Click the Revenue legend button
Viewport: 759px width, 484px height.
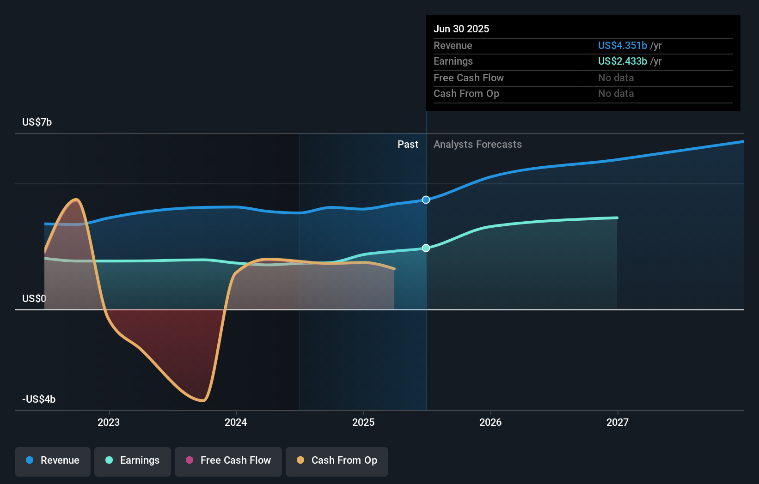click(53, 460)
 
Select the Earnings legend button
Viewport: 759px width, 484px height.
click(133, 460)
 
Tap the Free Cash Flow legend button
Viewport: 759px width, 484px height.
click(228, 460)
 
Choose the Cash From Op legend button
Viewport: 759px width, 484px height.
click(337, 460)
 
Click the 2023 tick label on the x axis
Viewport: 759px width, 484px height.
click(109, 422)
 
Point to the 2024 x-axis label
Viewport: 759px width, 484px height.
click(236, 422)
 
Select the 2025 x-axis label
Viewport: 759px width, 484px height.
click(363, 422)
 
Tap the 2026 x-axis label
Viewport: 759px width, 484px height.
click(490, 422)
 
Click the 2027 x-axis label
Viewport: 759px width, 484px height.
click(618, 422)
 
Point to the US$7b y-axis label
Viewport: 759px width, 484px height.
click(37, 122)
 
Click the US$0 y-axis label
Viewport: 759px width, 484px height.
click(34, 298)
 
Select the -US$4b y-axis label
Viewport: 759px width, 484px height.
click(39, 399)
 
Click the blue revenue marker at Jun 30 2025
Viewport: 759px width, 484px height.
click(426, 200)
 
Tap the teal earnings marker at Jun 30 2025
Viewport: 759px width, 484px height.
click(426, 248)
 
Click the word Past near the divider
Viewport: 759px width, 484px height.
click(408, 144)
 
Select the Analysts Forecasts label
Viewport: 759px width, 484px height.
click(477, 144)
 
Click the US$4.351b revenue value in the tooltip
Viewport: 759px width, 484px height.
click(622, 45)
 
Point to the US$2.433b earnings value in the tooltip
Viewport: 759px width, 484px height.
click(622, 61)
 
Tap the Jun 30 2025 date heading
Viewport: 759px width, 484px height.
click(461, 29)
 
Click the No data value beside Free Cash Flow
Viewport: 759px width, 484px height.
click(616, 78)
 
